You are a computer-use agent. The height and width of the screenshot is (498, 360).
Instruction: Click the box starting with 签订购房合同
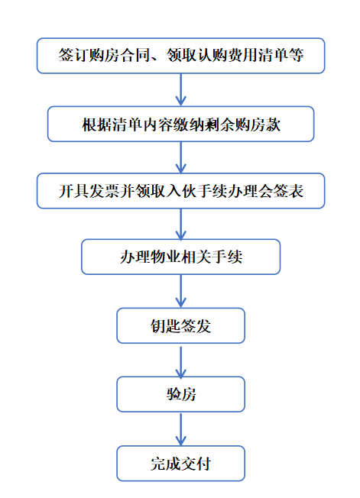[180, 56]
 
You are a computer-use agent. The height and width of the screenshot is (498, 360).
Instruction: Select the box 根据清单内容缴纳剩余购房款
[180, 124]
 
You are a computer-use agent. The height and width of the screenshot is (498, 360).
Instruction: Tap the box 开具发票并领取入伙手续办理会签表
[180, 191]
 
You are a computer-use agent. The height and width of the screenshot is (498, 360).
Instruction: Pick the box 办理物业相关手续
[180, 257]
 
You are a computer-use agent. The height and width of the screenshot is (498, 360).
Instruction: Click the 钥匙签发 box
[180, 325]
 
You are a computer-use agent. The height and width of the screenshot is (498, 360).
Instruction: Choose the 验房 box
[180, 394]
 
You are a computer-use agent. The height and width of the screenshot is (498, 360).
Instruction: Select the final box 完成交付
[180, 464]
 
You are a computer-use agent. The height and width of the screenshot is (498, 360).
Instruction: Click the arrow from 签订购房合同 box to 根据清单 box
[180, 90]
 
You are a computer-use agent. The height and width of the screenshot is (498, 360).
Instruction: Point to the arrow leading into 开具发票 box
[180, 157]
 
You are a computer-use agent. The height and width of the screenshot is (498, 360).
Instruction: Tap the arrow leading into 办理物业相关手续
[180, 224]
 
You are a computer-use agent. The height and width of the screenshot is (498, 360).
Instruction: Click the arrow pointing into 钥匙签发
[180, 291]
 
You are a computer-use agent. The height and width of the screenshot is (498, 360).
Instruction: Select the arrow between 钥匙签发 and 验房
[180, 362]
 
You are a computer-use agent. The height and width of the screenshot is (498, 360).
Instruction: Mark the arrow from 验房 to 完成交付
[180, 428]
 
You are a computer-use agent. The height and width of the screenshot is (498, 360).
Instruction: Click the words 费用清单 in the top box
[250, 56]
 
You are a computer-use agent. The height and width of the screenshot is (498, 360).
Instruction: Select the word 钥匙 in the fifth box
[165, 326]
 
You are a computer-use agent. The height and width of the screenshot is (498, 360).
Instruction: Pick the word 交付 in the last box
[196, 464]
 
